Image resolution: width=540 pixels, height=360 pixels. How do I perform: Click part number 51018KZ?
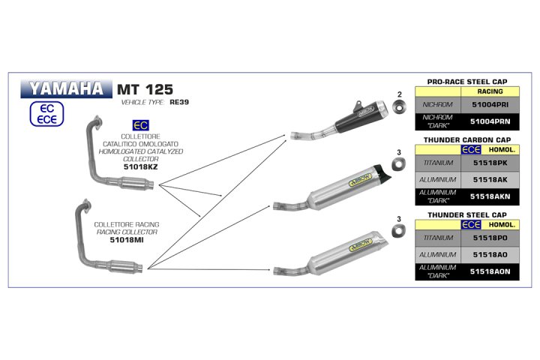(141, 167)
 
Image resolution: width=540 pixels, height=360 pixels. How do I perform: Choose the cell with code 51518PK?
(490, 163)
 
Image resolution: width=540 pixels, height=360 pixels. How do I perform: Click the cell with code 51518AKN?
(490, 197)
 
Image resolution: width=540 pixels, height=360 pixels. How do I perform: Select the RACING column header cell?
(490, 91)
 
